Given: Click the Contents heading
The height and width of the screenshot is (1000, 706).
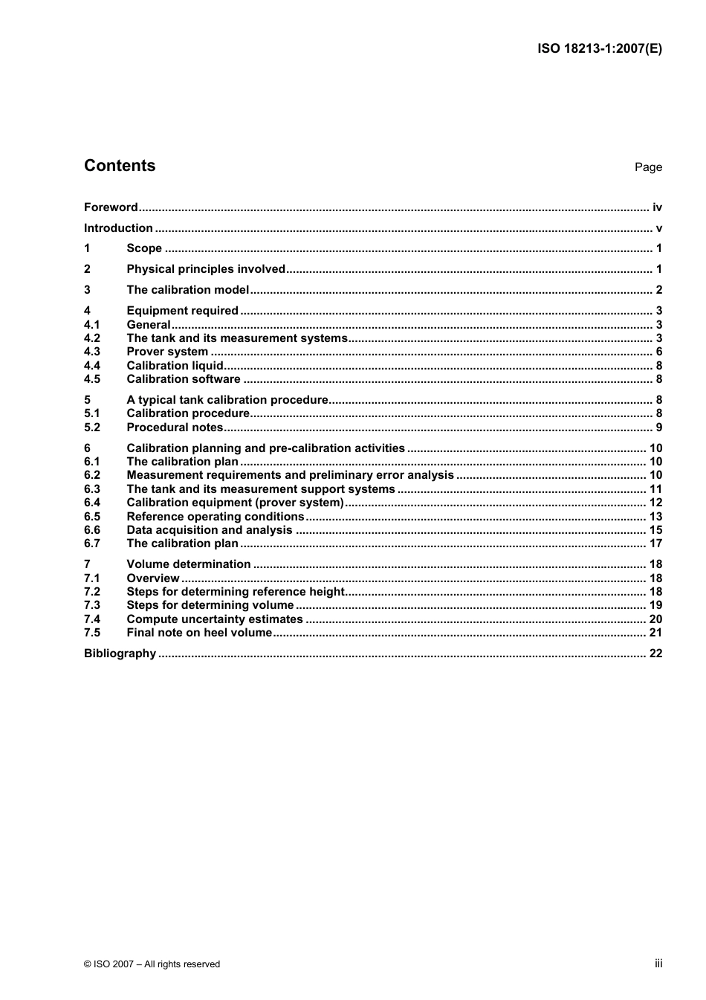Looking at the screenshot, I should coord(120,166).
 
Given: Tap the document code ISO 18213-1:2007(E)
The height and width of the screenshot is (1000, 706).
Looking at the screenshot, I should coord(599,49).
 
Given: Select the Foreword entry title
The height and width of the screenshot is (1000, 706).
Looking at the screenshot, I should coord(111,207).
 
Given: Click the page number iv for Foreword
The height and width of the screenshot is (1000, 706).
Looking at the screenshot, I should coord(657,207).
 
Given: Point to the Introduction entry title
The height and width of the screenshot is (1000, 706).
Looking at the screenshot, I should coord(118,228).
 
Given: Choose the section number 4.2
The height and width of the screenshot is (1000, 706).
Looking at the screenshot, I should coord(92,338).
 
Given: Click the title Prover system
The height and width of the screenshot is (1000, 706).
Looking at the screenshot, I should coord(167,352).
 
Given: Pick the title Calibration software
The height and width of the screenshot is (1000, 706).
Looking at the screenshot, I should coord(184,379).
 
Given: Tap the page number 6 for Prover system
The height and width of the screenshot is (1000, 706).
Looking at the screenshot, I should coord(658,352).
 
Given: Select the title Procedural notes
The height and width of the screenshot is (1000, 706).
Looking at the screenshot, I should coord(175,428).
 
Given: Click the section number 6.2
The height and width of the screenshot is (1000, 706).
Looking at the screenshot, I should coord(92,475).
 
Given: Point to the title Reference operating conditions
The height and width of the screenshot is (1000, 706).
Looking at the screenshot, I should coord(216,517).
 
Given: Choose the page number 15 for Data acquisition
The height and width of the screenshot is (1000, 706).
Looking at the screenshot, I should coord(655,530).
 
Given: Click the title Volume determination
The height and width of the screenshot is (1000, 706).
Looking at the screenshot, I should coord(189,564).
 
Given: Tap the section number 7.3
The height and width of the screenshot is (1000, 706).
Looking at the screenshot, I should coord(92,605).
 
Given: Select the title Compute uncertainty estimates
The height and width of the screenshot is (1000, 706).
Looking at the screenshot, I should coord(215,619).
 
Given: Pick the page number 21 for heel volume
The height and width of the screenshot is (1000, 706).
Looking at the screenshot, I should coord(655,633).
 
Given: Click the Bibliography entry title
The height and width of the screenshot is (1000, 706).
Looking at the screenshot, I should coord(120,654).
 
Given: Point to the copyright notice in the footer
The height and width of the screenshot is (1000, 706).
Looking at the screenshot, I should coord(152,964).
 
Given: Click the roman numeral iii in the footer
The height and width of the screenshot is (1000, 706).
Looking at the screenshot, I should coord(658,964).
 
